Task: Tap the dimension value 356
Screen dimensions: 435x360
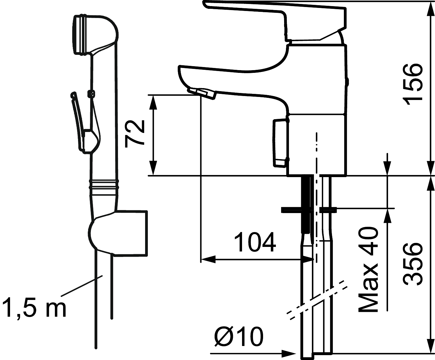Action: (x=412, y=264)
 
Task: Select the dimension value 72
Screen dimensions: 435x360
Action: (x=135, y=134)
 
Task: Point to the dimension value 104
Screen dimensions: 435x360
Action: (x=255, y=242)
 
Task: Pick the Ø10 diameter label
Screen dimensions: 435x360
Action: (x=239, y=336)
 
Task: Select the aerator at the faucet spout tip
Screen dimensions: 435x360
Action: (x=201, y=93)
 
